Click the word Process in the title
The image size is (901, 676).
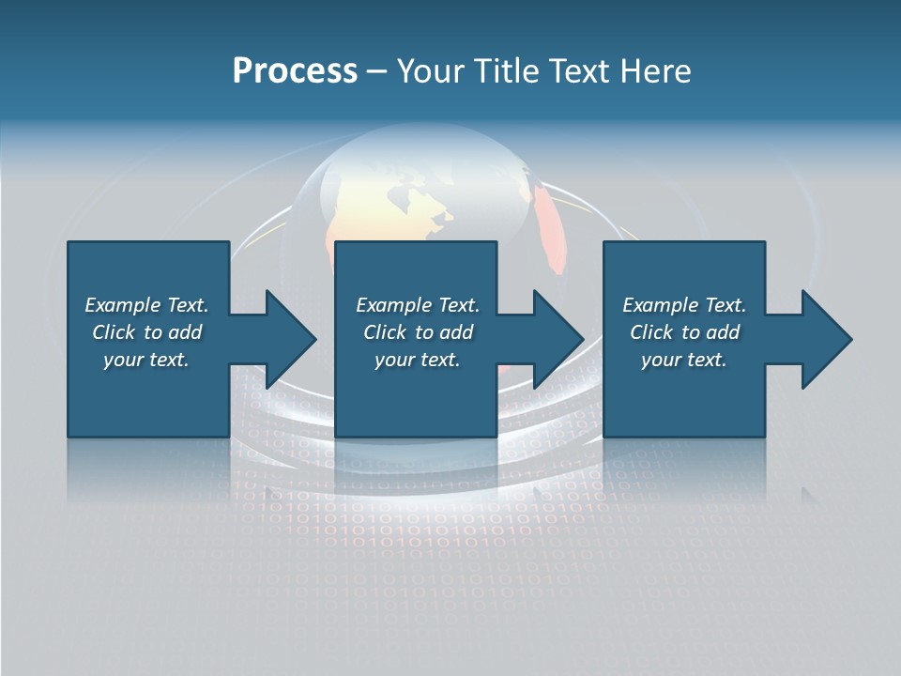(x=295, y=71)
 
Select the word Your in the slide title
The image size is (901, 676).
(x=428, y=71)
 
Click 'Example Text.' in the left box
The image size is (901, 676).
(x=146, y=305)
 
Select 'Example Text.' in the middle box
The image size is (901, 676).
(x=418, y=305)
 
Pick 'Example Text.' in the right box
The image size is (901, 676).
(x=684, y=305)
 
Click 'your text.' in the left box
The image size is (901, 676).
(x=146, y=360)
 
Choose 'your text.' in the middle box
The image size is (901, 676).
(x=418, y=360)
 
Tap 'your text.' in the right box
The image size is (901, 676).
(x=684, y=360)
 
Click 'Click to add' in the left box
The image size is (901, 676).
(x=146, y=332)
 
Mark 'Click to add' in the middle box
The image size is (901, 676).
(x=418, y=332)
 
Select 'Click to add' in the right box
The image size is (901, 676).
(x=684, y=332)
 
